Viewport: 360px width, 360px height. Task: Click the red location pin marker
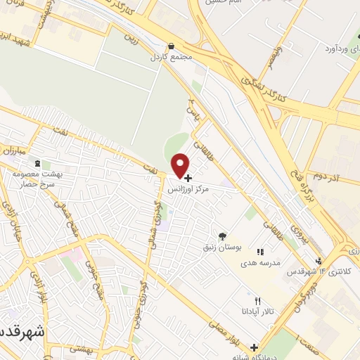181,165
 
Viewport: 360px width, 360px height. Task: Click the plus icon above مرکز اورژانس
188,179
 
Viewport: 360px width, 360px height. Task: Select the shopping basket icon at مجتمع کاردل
173,46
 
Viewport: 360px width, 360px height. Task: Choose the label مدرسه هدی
262,262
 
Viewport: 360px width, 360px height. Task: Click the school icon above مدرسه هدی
261,251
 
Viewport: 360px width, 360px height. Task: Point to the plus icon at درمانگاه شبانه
254,347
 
